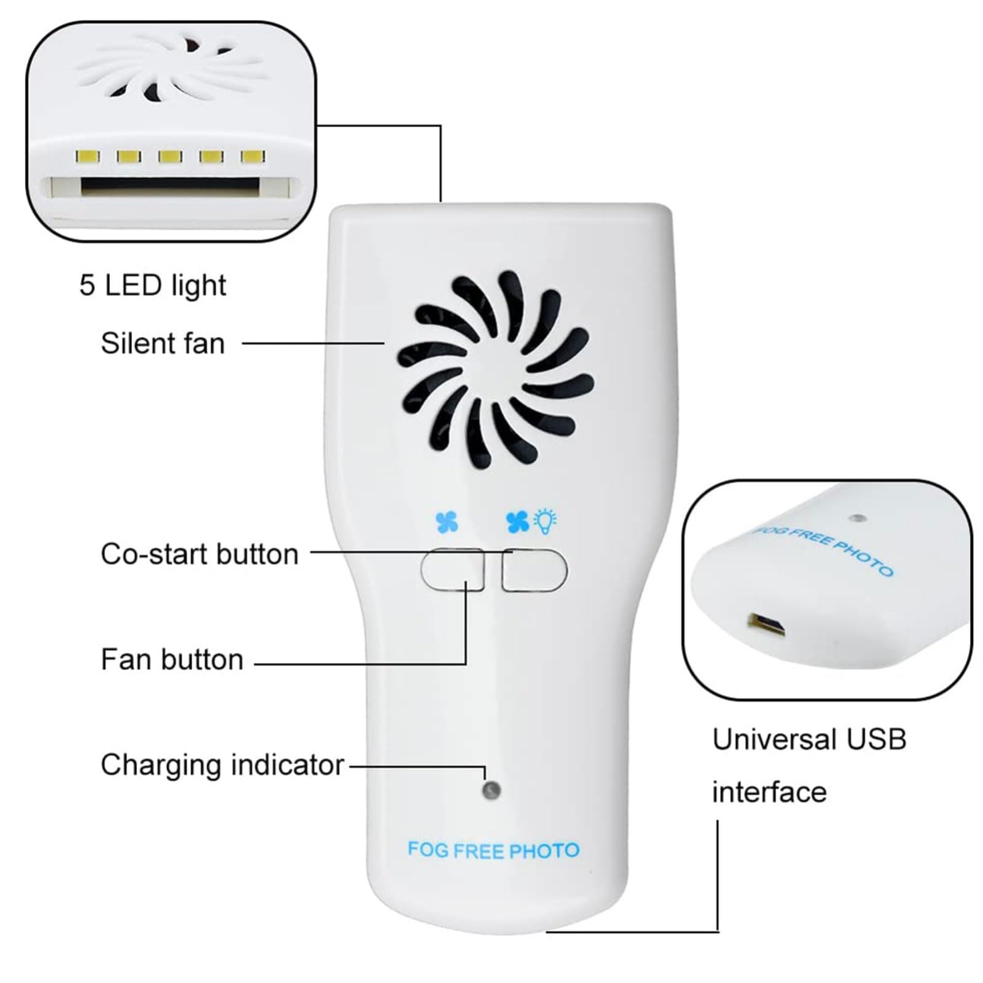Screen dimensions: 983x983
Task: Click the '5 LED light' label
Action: pyautogui.click(x=152, y=286)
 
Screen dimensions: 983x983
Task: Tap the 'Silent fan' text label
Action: pyautogui.click(x=163, y=343)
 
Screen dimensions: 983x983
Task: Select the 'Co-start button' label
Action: pyautogui.click(x=199, y=554)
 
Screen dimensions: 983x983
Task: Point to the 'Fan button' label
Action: pyautogui.click(x=172, y=659)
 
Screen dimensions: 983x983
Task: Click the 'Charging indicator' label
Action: pyautogui.click(x=222, y=766)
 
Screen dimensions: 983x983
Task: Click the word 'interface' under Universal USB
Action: pyautogui.click(x=769, y=792)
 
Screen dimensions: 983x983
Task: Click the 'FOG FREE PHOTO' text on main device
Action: pyautogui.click(x=493, y=850)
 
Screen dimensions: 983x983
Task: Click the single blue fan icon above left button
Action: pyautogui.click(x=447, y=522)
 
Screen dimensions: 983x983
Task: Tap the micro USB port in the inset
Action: pyautogui.click(x=767, y=624)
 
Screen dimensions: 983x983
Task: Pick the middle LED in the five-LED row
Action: pyautogui.click(x=170, y=156)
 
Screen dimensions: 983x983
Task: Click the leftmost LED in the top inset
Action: pyautogui.click(x=88, y=156)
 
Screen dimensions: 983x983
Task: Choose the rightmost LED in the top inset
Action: pyautogui.click(x=253, y=156)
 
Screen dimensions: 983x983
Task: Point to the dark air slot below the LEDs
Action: pyautogui.click(x=170, y=186)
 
